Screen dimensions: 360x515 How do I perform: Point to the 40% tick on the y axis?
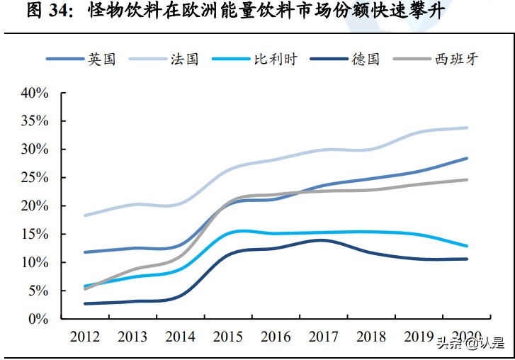35,93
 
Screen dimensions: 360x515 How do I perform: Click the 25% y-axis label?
35,178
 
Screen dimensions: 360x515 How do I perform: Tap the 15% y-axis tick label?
35,235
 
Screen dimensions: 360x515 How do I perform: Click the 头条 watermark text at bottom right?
449,345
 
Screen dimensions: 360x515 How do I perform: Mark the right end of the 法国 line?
467,128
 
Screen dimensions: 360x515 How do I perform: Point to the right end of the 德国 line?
467,259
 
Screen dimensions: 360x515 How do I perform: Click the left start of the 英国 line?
85,252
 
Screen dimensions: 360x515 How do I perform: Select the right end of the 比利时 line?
467,246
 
